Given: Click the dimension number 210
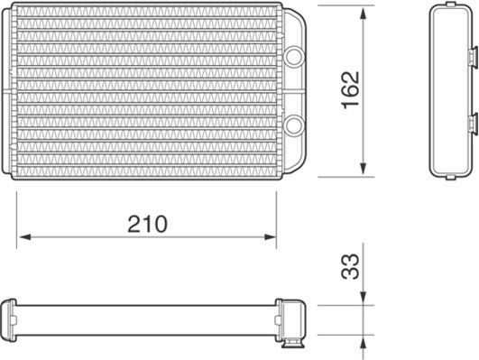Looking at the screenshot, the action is click(148, 224).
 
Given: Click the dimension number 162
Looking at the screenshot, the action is click(350, 90).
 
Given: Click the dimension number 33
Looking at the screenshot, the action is click(350, 266).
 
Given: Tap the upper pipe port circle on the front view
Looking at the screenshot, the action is click(294, 56).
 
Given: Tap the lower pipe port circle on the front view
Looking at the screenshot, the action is click(294, 125).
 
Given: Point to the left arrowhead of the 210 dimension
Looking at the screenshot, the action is click(25, 237).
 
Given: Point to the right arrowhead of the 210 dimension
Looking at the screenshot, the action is click(270, 237).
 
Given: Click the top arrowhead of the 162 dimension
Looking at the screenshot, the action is click(363, 14).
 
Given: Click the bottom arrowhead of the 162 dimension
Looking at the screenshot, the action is click(363, 169).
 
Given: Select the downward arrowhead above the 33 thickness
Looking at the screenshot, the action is click(363, 298).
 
